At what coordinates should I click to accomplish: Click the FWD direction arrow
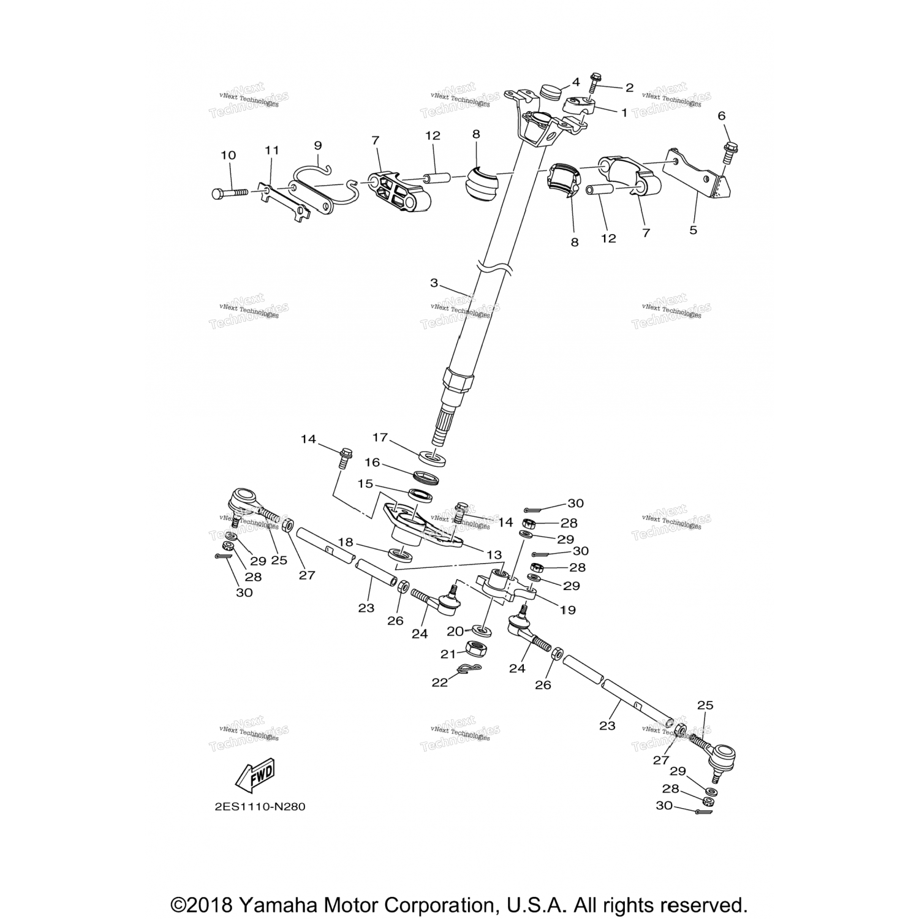[x=254, y=773]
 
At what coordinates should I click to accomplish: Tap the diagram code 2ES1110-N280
[x=259, y=807]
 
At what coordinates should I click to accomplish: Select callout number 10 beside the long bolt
[x=228, y=156]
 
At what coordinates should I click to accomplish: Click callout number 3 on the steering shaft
[x=434, y=283]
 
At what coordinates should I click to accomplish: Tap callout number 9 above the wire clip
[x=317, y=145]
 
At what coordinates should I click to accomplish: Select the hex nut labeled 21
[x=477, y=648]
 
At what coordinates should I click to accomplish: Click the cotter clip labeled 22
[x=469, y=671]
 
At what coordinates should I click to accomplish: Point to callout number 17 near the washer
[x=380, y=437]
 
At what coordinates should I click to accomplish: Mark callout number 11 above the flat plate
[x=271, y=150]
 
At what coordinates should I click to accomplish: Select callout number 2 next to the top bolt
[x=629, y=88]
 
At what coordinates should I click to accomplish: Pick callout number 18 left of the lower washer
[x=346, y=542]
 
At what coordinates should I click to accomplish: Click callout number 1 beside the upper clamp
[x=624, y=113]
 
